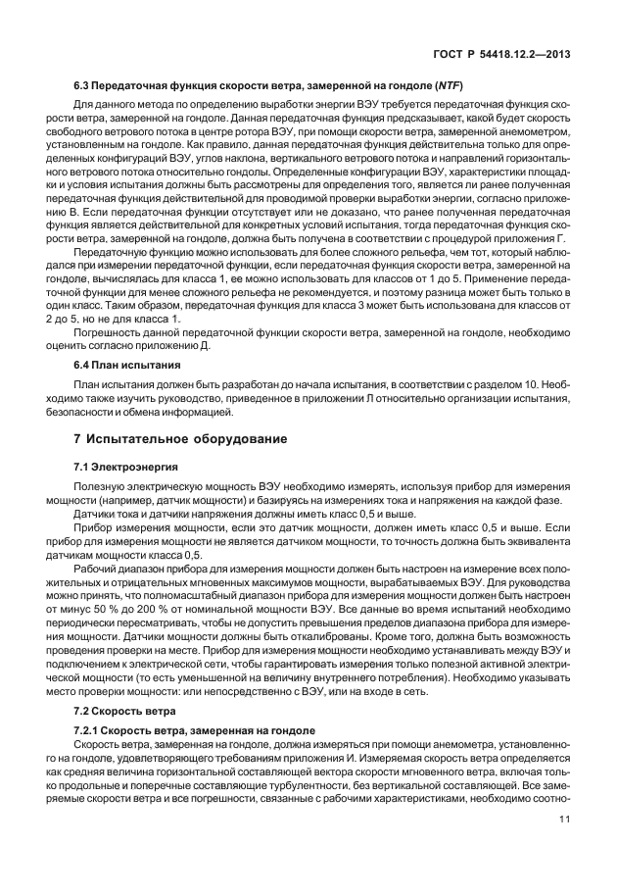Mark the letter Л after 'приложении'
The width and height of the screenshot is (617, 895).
point(341,396)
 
